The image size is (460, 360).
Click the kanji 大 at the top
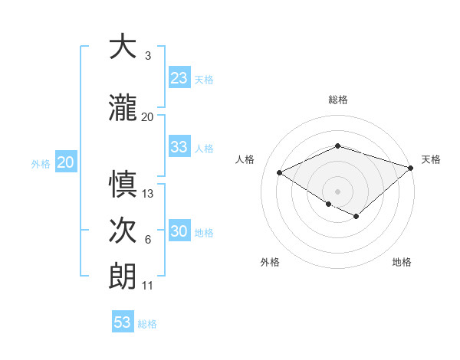pyautogui.click(x=123, y=47)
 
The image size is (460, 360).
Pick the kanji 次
pyautogui.click(x=123, y=231)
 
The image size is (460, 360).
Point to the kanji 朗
pyautogui.click(x=123, y=276)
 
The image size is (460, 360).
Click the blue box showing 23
pyautogui.click(x=179, y=78)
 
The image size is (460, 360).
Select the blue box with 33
pyautogui.click(x=179, y=147)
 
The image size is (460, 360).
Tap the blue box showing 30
pyautogui.click(x=179, y=232)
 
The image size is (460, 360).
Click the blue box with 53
pyautogui.click(x=123, y=322)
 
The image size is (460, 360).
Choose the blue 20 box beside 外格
pyautogui.click(x=66, y=162)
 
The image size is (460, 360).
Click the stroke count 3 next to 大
pyautogui.click(x=147, y=56)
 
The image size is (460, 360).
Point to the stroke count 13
pyautogui.click(x=148, y=193)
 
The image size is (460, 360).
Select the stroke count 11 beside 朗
pyautogui.click(x=147, y=286)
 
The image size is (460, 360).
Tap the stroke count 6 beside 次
pyautogui.click(x=147, y=240)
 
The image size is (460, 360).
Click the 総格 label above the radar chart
pyautogui.click(x=338, y=100)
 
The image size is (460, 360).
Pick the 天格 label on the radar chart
pyautogui.click(x=431, y=159)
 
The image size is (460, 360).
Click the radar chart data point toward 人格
pyautogui.click(x=280, y=173)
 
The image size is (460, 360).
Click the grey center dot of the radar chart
pyautogui.click(x=337, y=191)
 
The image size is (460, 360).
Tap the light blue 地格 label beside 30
pyautogui.click(x=204, y=233)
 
